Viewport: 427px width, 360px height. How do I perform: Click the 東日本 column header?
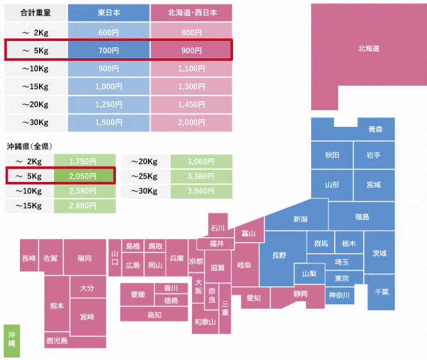pos(109,13)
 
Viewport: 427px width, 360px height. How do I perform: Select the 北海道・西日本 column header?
pos(191,13)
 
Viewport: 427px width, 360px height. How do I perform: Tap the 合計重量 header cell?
pos(36,13)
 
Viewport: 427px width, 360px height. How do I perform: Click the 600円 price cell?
pos(109,33)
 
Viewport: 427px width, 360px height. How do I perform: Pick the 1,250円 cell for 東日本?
pos(109,104)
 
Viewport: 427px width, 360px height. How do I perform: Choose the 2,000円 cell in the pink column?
pos(191,122)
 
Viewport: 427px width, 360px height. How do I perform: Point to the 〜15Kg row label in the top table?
pos(35,86)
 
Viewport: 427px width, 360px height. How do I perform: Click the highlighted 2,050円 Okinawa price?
pos(83,176)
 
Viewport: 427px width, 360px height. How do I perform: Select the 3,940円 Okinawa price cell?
pos(201,191)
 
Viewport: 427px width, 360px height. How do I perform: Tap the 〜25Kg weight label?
pos(144,176)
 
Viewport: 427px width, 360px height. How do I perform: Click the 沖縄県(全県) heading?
pos(29,146)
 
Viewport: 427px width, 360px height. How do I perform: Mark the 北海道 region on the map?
pos(369,49)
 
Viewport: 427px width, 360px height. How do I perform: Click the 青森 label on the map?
pos(376,129)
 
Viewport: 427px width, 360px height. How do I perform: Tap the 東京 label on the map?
pos(342,279)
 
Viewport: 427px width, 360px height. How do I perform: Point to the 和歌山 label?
pos(205,322)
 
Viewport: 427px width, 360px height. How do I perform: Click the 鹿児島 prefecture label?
pos(57,340)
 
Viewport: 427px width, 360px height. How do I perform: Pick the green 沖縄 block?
pos(12,341)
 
